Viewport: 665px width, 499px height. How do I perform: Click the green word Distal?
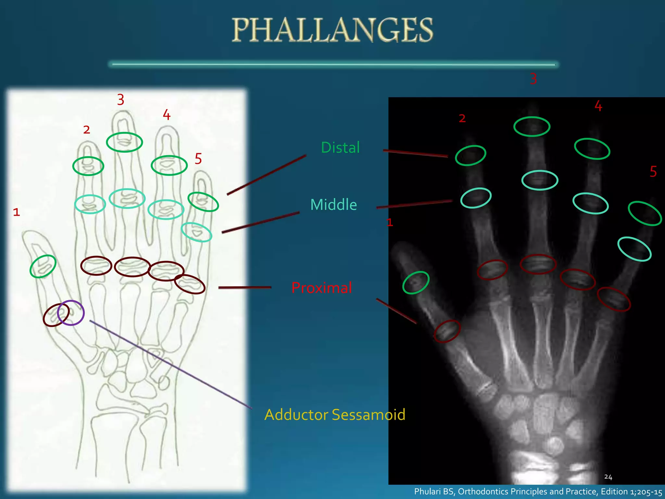pyautogui.click(x=340, y=147)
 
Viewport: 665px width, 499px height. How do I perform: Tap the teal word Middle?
pyautogui.click(x=333, y=205)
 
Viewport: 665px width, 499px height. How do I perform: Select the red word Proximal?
pyautogui.click(x=321, y=288)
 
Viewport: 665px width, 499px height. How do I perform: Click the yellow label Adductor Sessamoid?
pyautogui.click(x=335, y=415)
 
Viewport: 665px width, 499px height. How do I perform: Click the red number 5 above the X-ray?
pyautogui.click(x=653, y=172)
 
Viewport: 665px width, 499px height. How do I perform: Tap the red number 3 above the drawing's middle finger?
pyautogui.click(x=120, y=100)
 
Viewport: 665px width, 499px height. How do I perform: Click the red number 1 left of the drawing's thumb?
pyautogui.click(x=17, y=212)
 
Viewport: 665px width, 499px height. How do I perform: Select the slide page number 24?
pyautogui.click(x=608, y=477)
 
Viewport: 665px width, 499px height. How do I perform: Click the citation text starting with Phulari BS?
pyautogui.click(x=538, y=492)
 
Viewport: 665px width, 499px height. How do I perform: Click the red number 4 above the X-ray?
pyautogui.click(x=598, y=106)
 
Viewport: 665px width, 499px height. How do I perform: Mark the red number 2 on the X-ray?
pyautogui.click(x=462, y=119)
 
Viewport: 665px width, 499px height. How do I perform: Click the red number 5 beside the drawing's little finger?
pyautogui.click(x=198, y=159)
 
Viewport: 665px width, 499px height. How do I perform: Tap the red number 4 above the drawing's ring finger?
pyautogui.click(x=167, y=115)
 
